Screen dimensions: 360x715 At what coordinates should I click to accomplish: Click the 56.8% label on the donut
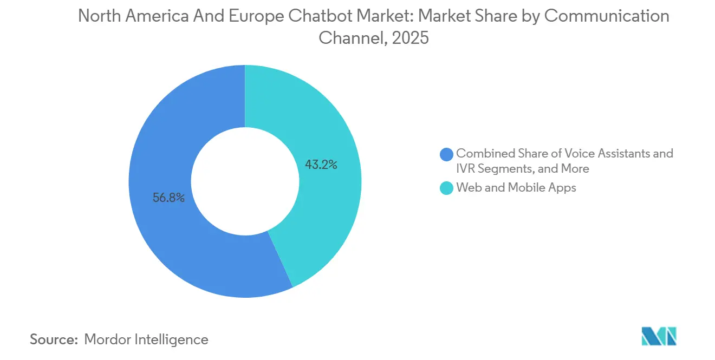[168, 198]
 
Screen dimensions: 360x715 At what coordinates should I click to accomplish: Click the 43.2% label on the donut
[321, 165]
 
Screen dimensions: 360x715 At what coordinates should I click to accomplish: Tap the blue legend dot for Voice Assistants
[446, 154]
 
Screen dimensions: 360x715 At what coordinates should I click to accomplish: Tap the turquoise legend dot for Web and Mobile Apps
[446, 188]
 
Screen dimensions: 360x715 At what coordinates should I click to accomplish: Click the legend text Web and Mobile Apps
[516, 188]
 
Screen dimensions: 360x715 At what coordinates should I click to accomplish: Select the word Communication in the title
[606, 16]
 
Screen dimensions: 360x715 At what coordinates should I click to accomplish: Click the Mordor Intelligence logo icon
[659, 337]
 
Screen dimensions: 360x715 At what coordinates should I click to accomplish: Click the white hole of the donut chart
[245, 181]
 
